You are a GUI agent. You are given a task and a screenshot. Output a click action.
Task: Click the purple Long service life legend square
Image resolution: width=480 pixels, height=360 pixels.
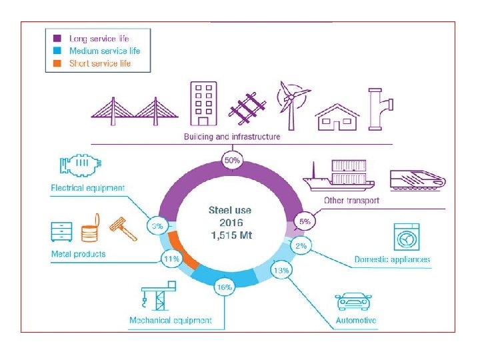57,39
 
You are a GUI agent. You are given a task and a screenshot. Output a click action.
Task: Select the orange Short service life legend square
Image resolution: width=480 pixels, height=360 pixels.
57,63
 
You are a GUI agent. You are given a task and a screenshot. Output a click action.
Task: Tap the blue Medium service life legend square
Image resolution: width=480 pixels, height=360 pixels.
57,51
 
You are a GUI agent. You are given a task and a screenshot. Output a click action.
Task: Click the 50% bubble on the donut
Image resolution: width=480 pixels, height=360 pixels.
231,160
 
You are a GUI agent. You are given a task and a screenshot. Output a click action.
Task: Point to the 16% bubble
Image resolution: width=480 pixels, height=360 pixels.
224,287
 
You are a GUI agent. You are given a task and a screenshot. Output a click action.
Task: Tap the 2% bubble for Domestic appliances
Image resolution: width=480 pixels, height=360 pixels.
301,246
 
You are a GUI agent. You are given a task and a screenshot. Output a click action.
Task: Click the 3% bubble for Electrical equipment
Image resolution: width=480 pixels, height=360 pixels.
158,227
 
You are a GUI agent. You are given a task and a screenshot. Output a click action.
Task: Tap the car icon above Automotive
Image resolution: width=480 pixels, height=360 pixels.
354,301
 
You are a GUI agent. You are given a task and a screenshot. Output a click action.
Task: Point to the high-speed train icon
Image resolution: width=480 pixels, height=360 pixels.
417,177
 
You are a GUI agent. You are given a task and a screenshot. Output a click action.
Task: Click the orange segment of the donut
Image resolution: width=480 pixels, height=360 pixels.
181,249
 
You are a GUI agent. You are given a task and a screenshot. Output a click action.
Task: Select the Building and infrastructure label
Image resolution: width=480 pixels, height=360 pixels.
232,137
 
